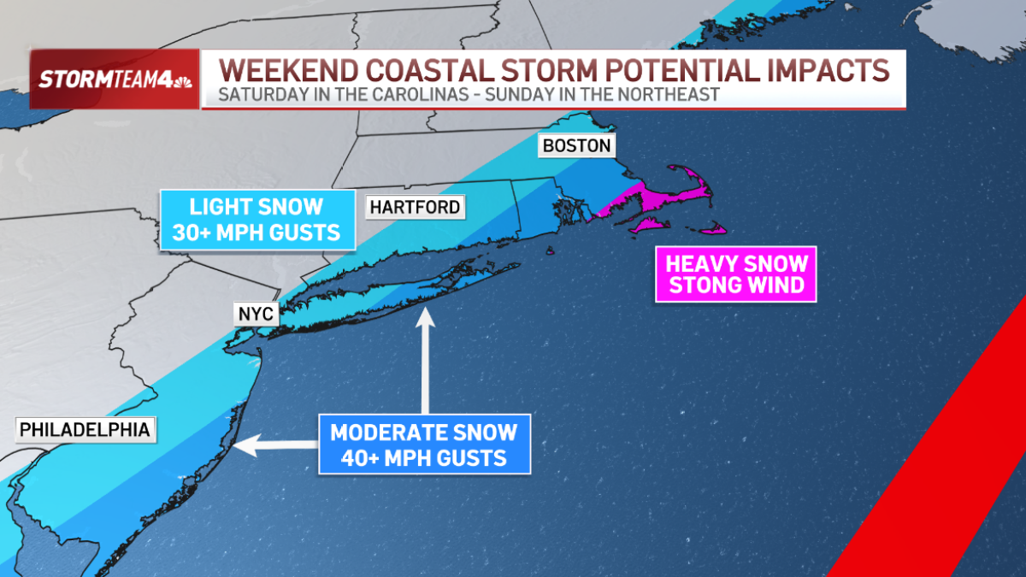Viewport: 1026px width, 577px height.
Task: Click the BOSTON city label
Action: pos(577,145)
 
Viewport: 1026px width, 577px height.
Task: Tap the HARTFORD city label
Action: pos(415,207)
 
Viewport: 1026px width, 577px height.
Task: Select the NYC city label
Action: pos(256,315)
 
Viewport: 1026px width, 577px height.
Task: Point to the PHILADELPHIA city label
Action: pos(85,428)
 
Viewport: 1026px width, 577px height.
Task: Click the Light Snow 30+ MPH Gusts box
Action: pos(256,220)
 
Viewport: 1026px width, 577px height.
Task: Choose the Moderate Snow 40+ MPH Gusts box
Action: pos(424,445)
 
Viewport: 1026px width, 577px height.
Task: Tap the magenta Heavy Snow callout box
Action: pos(736,274)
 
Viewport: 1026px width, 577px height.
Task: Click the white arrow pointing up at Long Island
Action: pos(424,359)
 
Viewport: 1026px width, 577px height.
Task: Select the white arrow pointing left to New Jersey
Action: pos(274,444)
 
